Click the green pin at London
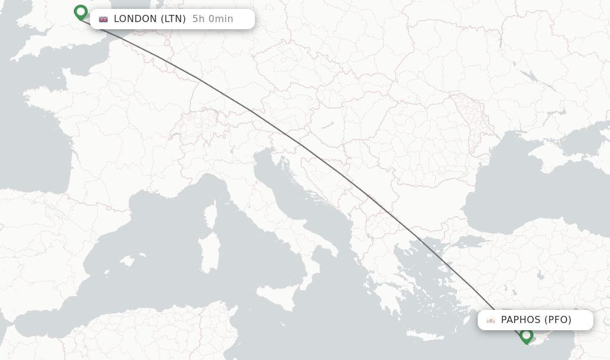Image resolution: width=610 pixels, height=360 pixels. pyautogui.click(x=80, y=12)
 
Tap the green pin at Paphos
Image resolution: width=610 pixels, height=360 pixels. pyautogui.click(x=526, y=336)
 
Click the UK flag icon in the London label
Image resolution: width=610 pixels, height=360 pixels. pyautogui.click(x=104, y=19)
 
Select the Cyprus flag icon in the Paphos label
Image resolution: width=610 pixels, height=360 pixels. pyautogui.click(x=491, y=320)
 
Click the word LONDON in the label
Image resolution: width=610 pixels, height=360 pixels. pyautogui.click(x=135, y=19)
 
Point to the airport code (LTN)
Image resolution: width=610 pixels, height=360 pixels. pyautogui.click(x=173, y=19)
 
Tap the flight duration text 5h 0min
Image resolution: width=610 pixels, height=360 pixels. pyautogui.click(x=213, y=19)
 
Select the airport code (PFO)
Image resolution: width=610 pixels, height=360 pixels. pyautogui.click(x=558, y=320)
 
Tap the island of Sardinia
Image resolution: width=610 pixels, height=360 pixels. pyautogui.click(x=210, y=253)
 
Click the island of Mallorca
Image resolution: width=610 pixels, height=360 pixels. pyautogui.click(x=127, y=261)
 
